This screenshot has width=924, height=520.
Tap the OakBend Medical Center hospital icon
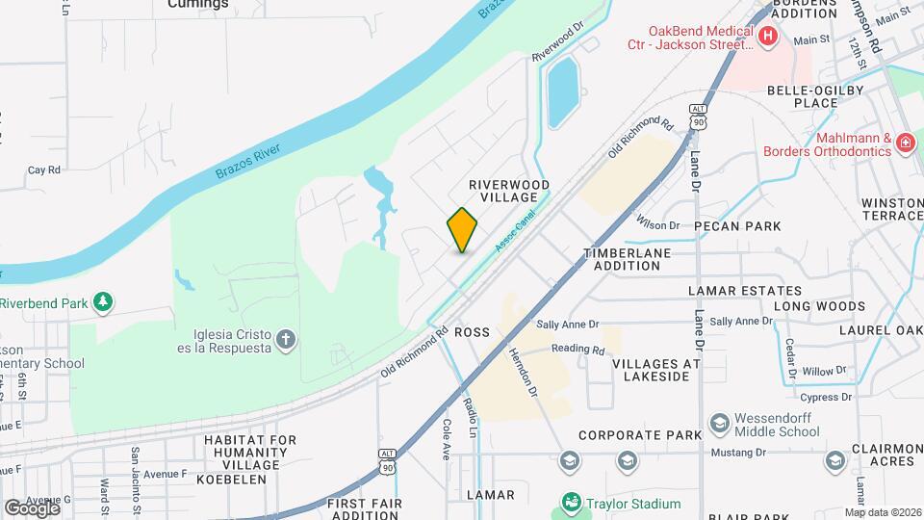point(768,39)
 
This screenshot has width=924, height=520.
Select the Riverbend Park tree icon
point(103,302)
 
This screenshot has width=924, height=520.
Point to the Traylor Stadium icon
point(572,503)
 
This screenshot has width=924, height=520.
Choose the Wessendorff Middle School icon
point(719,423)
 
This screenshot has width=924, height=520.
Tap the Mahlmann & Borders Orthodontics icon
point(904,143)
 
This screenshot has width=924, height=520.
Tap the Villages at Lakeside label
point(656,370)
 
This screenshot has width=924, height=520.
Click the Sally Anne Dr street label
point(567,325)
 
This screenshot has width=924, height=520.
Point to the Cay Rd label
point(44,169)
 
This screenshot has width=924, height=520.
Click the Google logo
point(32,507)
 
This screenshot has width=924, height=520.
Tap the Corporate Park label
point(640,435)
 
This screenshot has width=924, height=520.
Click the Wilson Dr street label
point(657,225)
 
